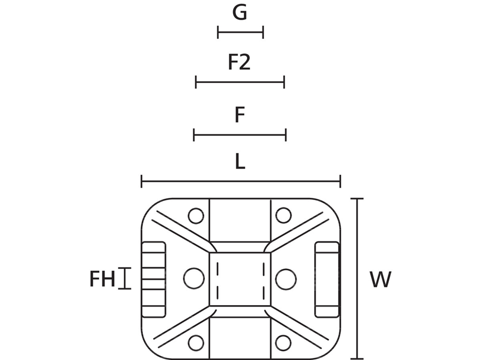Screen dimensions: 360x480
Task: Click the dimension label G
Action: click(x=240, y=13)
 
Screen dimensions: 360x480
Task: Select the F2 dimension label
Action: click(x=239, y=63)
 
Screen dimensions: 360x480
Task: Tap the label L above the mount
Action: click(x=240, y=162)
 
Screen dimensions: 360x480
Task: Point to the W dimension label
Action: click(x=380, y=279)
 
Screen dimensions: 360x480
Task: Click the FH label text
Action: click(x=102, y=279)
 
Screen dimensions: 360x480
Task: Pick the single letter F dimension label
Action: click(x=240, y=115)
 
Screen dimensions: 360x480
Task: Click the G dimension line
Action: click(x=241, y=33)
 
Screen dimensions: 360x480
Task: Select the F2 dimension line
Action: click(x=240, y=82)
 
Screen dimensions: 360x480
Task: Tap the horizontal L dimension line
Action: click(x=241, y=181)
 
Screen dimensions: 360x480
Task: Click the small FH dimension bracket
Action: click(x=124, y=278)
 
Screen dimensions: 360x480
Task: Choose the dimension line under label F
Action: click(x=240, y=134)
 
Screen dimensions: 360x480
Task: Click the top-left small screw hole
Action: click(x=196, y=216)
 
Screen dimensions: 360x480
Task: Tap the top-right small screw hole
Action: click(x=283, y=216)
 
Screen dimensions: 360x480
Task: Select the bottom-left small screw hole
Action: click(x=196, y=342)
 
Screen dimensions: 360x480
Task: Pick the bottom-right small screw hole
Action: click(x=283, y=342)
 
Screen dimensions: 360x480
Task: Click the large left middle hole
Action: click(x=194, y=278)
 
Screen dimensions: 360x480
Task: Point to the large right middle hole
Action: click(x=286, y=278)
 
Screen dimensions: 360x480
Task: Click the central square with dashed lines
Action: click(x=240, y=279)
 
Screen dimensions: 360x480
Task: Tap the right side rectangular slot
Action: click(x=327, y=279)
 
